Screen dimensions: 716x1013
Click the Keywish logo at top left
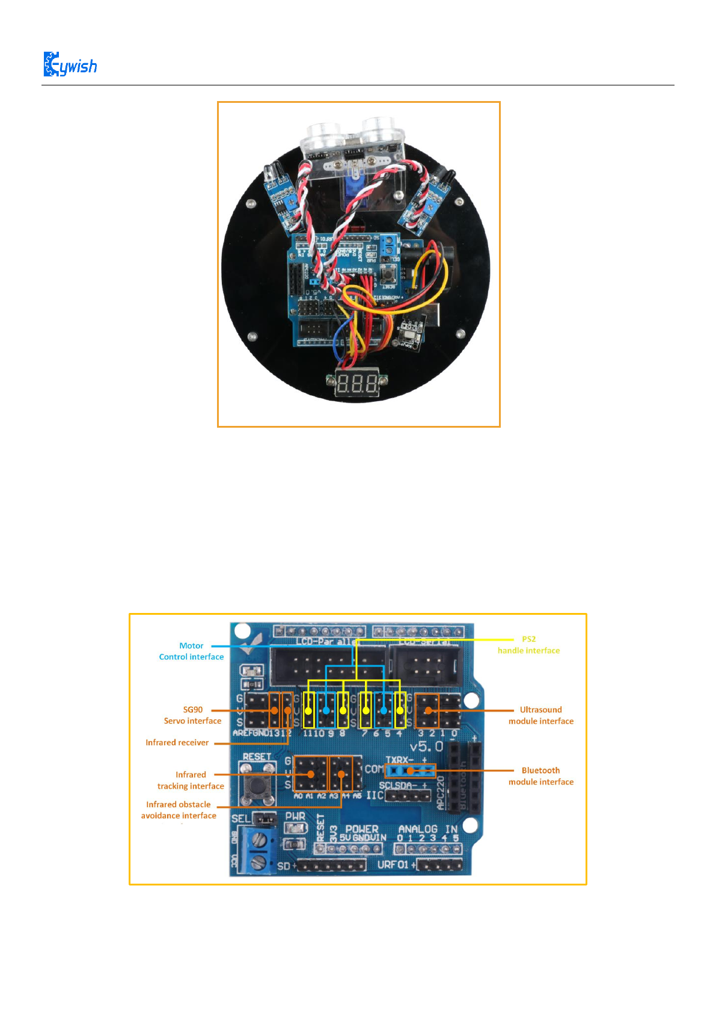click(x=70, y=64)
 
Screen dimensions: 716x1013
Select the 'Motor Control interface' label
click(x=191, y=651)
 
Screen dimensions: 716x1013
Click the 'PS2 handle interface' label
click(x=528, y=645)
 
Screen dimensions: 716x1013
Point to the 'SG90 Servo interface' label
click(x=192, y=715)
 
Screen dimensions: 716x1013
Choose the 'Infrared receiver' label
click(x=177, y=743)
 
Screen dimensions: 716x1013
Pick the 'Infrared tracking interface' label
click(x=191, y=780)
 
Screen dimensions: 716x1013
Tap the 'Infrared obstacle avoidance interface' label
click(x=179, y=810)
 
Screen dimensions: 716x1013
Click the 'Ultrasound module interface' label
click(x=540, y=715)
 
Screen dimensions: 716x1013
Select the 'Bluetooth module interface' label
click(x=540, y=776)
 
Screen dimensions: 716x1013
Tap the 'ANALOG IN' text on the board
click(x=428, y=828)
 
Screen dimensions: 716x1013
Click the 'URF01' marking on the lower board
click(x=393, y=864)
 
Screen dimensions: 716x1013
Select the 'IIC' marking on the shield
click(x=375, y=795)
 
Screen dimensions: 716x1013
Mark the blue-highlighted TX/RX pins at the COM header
click(x=409, y=771)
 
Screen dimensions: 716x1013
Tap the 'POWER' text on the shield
click(x=361, y=828)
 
